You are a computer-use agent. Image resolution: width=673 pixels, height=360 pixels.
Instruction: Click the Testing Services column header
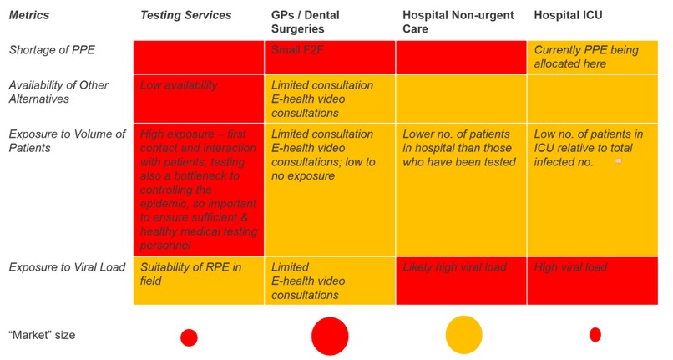(x=185, y=15)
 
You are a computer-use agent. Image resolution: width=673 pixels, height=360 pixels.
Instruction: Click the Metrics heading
(x=29, y=15)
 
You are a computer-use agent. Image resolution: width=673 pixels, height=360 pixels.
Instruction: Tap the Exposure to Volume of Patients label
(x=67, y=140)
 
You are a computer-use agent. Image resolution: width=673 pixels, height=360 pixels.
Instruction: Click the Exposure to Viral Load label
(x=67, y=267)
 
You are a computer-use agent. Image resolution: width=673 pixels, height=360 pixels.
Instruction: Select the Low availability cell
(x=179, y=84)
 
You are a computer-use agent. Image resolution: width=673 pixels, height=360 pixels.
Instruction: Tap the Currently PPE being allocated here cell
(x=585, y=57)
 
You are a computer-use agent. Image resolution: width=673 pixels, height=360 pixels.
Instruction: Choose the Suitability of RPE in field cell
(x=191, y=274)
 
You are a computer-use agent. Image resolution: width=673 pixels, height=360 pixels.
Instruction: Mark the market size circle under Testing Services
(x=189, y=337)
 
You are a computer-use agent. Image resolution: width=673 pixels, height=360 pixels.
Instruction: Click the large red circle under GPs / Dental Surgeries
(x=329, y=336)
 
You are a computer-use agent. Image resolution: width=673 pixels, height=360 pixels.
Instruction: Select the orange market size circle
(x=463, y=335)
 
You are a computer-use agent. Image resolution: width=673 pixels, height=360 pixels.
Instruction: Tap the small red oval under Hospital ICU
(x=595, y=335)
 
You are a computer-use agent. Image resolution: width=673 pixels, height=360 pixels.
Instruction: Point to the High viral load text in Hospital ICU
(x=570, y=267)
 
